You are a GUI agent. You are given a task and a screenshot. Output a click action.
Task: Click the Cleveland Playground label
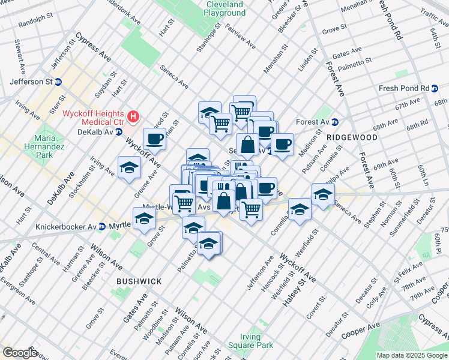224,8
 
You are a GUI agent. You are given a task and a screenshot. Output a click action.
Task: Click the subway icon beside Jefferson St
58,82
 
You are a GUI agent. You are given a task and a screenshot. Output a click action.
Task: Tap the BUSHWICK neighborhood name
139,281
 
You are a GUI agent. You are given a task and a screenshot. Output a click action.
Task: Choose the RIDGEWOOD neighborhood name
352,137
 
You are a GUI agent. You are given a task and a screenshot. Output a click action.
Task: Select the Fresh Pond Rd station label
404,88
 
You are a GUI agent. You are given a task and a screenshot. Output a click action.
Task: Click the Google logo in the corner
20,353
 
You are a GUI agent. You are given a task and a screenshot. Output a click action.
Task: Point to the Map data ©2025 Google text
412,355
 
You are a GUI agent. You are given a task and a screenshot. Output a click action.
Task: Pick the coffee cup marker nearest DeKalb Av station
154,139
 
